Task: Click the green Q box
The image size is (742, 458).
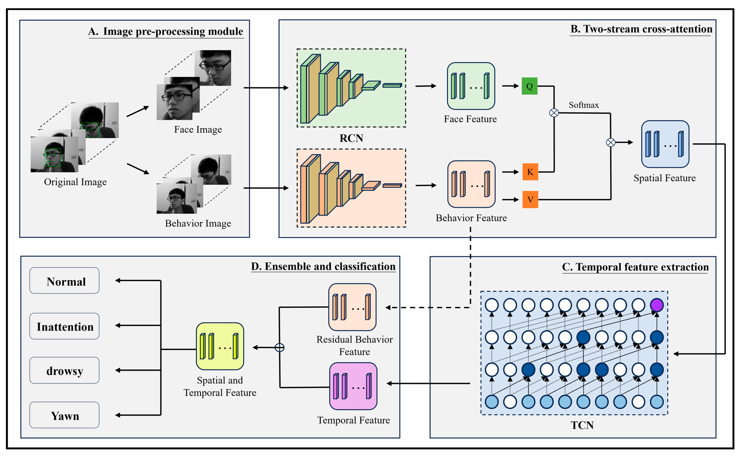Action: [529, 86]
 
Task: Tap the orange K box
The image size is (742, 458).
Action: [530, 172]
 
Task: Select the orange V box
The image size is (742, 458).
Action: [530, 199]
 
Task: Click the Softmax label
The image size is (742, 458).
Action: [583, 105]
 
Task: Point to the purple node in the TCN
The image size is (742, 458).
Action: [657, 305]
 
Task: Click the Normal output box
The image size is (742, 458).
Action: [64, 281]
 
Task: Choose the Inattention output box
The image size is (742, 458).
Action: [64, 326]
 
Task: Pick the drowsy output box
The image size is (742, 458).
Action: [64, 370]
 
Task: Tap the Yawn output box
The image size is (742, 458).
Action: [64, 415]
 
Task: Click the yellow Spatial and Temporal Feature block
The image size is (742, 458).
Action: [220, 346]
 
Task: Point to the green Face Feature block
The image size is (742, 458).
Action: [471, 86]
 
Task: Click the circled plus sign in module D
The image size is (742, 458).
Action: [279, 347]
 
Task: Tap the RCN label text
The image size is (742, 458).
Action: [351, 138]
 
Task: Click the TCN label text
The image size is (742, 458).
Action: [582, 425]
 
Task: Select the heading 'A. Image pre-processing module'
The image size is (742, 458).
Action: [166, 32]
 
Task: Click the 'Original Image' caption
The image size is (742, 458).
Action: [75, 182]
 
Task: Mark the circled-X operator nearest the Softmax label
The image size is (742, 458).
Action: [554, 113]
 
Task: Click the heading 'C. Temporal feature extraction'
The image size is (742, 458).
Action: [635, 267]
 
